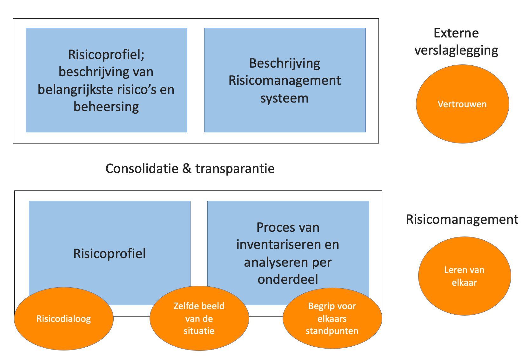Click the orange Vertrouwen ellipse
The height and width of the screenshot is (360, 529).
[462, 104]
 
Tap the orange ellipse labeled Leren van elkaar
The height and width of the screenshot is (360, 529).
[464, 276]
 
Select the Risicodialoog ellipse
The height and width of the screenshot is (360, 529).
[64, 319]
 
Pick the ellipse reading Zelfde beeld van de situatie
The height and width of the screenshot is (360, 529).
[199, 318]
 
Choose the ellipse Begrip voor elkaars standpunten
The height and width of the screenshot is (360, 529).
[332, 318]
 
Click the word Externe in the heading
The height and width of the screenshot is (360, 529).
[456, 33]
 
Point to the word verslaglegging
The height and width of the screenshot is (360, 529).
[456, 50]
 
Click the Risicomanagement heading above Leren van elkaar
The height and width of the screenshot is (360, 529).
[462, 219]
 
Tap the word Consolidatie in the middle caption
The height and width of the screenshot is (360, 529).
[142, 169]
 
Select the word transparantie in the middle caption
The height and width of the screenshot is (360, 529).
[235, 169]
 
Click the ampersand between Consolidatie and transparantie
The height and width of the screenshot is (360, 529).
[187, 169]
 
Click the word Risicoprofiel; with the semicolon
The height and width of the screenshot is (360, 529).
[106, 55]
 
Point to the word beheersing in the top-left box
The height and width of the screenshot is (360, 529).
[106, 107]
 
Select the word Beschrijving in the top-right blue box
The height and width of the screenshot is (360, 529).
[285, 63]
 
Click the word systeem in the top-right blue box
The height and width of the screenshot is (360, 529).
[285, 98]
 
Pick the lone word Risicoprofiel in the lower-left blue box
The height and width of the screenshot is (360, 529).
[109, 254]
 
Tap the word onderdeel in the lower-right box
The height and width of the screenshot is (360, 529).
[288, 279]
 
